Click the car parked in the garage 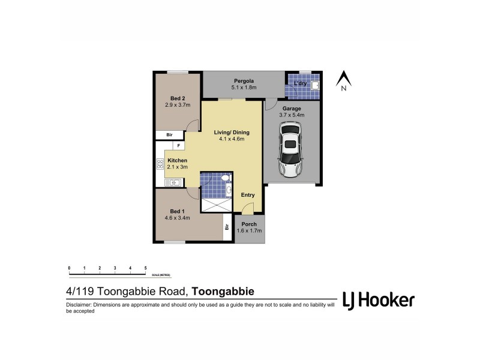(x=290, y=150)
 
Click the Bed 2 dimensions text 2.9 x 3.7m (x=178, y=105)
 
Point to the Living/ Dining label (x=231, y=132)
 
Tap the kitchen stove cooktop (x=160, y=163)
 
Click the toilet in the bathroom (x=225, y=178)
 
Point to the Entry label (x=248, y=195)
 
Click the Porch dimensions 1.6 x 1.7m (x=250, y=231)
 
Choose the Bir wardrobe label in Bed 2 (x=170, y=135)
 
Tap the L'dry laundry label (x=300, y=83)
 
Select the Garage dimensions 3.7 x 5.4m (x=292, y=115)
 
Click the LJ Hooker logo (x=378, y=300)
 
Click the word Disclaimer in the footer (x=80, y=305)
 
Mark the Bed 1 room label (x=177, y=211)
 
